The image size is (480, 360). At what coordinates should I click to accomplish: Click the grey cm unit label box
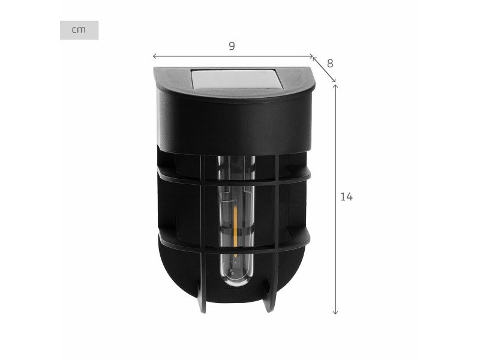coord(79,30)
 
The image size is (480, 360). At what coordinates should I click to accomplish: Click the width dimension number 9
coord(232,46)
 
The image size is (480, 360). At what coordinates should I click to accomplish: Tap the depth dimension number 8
coord(329,64)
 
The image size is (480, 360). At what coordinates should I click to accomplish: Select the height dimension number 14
coord(347,197)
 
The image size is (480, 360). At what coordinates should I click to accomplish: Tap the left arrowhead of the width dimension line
coord(154,56)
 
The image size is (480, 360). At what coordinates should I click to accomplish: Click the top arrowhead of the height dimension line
coord(335,86)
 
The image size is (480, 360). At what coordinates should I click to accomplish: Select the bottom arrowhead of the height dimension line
coord(335,312)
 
